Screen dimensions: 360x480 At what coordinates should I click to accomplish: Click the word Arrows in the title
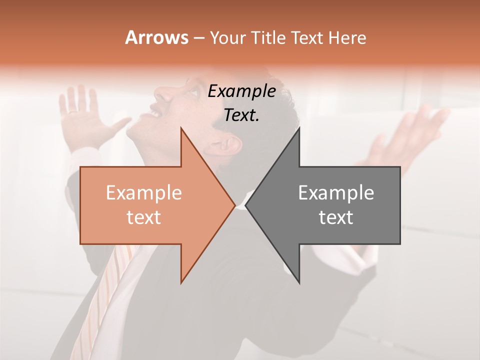(156, 37)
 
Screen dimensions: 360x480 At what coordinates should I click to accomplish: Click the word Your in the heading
(228, 38)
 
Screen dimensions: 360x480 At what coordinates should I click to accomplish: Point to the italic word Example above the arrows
(241, 91)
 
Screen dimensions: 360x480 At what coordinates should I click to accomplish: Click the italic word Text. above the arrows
(241, 115)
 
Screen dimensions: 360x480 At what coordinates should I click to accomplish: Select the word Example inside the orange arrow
(143, 192)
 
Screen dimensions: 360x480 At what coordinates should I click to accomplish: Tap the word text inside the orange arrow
(143, 217)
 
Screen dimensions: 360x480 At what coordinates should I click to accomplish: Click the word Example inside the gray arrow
(336, 192)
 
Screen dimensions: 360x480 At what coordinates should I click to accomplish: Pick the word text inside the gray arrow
(336, 217)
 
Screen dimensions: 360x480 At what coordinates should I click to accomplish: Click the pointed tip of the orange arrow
(234, 205)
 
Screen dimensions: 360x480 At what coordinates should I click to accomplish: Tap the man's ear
(230, 145)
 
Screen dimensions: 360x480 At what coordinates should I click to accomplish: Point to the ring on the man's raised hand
(73, 111)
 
